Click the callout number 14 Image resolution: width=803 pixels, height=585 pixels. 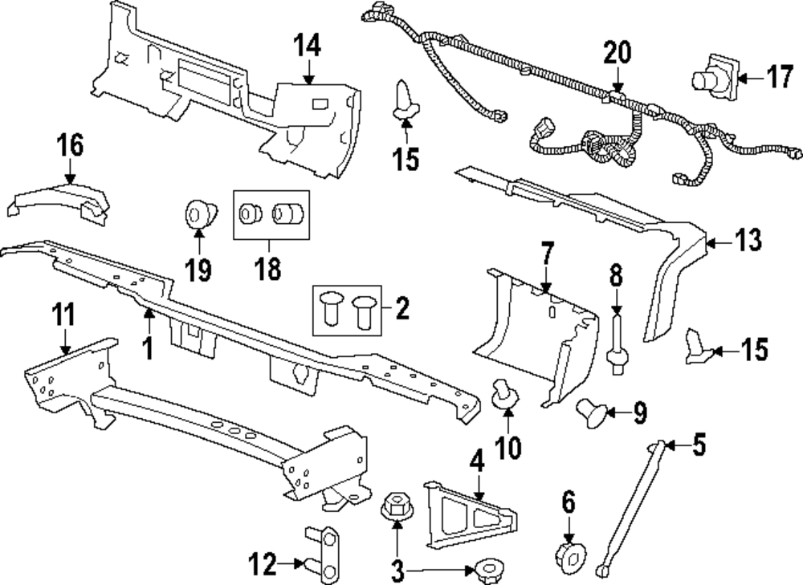(x=308, y=45)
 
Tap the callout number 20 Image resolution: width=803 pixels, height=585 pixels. (x=617, y=52)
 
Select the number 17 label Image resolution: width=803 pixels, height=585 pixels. (x=780, y=78)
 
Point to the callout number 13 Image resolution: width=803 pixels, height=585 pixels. (x=748, y=240)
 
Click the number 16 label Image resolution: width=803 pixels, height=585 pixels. (x=70, y=144)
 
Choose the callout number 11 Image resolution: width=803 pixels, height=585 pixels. (x=64, y=314)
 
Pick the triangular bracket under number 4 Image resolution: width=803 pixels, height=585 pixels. (x=470, y=514)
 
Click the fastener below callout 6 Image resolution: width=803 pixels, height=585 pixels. (x=570, y=557)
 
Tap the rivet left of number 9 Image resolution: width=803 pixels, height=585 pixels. (x=591, y=413)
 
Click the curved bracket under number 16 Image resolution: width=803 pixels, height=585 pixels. (x=59, y=204)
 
